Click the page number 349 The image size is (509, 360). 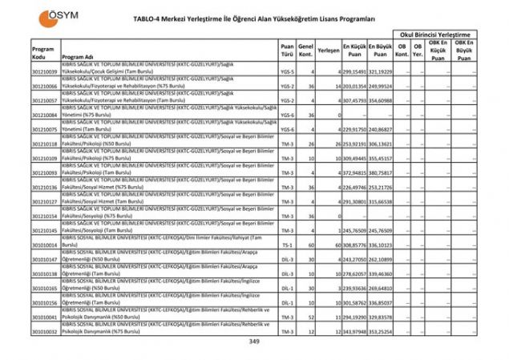tap(254, 342)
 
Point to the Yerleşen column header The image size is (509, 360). tap(327, 50)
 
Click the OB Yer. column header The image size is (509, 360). tap(417, 50)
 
